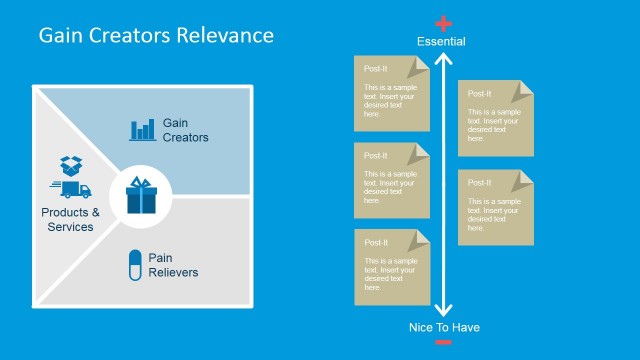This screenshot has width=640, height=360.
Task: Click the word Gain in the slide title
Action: (x=61, y=36)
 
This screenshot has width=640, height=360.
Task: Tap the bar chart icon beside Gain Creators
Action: (x=142, y=129)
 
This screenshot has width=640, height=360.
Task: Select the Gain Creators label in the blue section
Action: (x=185, y=130)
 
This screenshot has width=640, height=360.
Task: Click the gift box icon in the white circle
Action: (x=143, y=194)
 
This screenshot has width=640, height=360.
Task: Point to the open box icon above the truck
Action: (x=70, y=164)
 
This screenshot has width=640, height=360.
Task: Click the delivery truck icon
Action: (x=70, y=188)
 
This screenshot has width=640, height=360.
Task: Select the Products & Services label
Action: (x=70, y=219)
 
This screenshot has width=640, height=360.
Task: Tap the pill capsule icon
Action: (x=132, y=265)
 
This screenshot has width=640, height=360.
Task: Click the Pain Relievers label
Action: (x=173, y=265)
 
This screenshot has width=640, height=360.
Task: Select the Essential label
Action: (x=441, y=41)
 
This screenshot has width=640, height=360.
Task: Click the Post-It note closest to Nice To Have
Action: (x=392, y=267)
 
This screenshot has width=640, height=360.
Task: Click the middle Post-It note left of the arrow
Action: (x=392, y=180)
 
